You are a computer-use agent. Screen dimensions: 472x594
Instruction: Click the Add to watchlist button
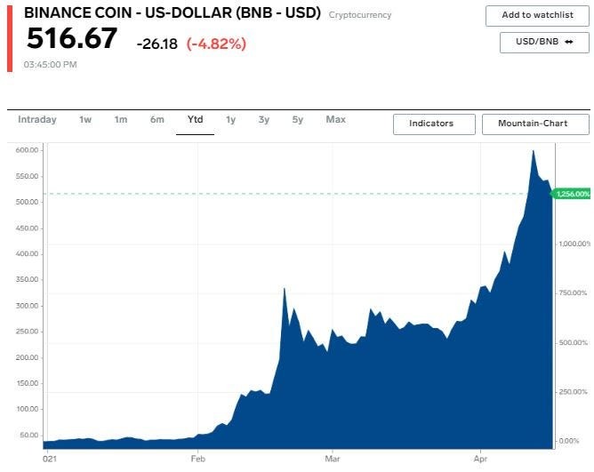(x=537, y=15)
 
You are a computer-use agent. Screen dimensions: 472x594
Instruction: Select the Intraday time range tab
(x=37, y=120)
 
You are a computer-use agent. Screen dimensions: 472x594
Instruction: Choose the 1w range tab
(x=85, y=120)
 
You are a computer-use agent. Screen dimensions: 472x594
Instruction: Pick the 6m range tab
(x=157, y=120)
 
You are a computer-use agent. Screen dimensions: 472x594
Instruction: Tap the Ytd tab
(x=195, y=120)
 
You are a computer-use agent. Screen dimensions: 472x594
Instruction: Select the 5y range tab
(x=298, y=120)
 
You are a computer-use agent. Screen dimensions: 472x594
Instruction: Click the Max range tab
(x=335, y=120)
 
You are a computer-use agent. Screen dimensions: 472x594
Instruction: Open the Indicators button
(x=431, y=124)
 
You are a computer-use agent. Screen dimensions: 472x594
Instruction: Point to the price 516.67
(x=71, y=39)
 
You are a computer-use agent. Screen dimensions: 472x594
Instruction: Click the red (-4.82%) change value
(x=216, y=44)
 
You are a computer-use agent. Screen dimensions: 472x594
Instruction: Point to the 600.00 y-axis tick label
(x=26, y=150)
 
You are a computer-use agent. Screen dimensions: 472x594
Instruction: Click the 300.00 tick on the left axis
(x=26, y=306)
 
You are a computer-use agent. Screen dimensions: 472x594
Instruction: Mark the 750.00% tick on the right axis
(x=573, y=292)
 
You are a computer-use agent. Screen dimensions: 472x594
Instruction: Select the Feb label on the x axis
(x=197, y=459)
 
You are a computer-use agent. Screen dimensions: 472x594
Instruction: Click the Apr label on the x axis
(x=481, y=459)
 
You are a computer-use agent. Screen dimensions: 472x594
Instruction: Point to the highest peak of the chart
(x=533, y=151)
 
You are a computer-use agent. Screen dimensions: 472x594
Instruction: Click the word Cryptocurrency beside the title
(x=359, y=15)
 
